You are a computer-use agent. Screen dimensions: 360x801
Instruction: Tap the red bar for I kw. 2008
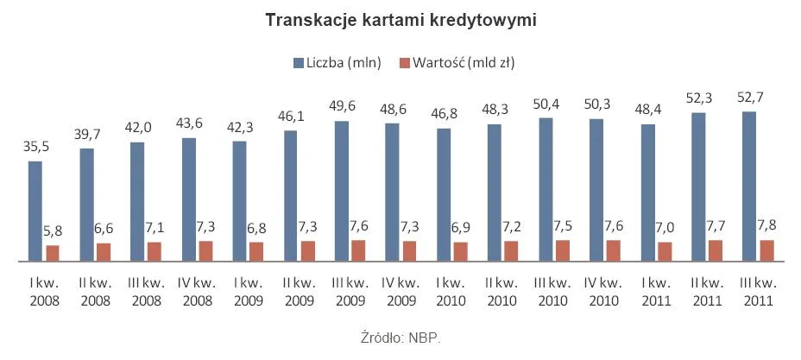(x=54, y=252)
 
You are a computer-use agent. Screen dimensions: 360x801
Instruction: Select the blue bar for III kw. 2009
(x=342, y=191)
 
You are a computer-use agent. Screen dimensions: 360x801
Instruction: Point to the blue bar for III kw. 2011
(x=749, y=186)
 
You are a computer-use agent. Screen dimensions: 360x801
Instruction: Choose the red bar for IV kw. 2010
(x=614, y=249)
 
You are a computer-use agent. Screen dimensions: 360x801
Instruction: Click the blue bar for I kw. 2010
(x=444, y=194)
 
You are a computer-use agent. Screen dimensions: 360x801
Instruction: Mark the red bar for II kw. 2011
(x=716, y=249)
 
